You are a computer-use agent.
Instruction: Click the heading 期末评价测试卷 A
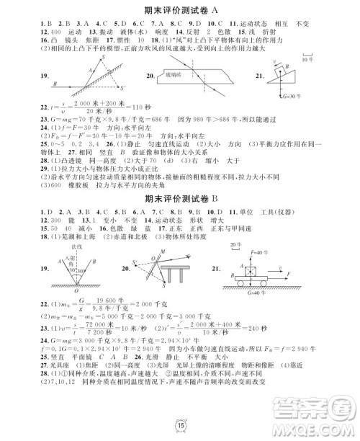click(x=180, y=9)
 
